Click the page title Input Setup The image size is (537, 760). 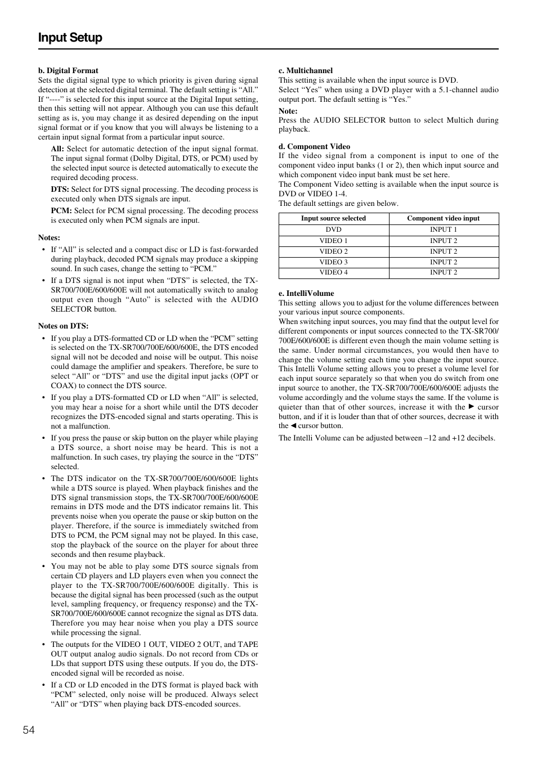coord(70,38)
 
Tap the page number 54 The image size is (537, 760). coord(29,730)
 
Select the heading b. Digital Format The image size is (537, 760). coord(68,70)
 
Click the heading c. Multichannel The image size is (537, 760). coord(306,70)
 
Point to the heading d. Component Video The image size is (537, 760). coord(314,146)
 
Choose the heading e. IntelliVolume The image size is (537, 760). coord(306,293)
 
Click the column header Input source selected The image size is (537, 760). coord(333,218)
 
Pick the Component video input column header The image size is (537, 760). coord(444,218)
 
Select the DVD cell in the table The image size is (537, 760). coord(333,230)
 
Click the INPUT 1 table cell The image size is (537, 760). coord(444,230)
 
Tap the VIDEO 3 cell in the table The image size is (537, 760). coord(333,262)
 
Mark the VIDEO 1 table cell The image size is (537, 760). coord(333,241)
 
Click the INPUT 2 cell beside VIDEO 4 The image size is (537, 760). coord(444,273)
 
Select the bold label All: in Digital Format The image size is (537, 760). coord(57,149)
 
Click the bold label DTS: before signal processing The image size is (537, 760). coord(60,190)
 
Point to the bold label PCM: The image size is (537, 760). coord(61,211)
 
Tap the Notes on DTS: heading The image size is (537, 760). coord(63,326)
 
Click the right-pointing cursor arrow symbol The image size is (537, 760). coord(471,407)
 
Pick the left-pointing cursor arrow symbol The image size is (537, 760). coord(293,426)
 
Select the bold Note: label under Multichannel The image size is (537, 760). coord(288,111)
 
